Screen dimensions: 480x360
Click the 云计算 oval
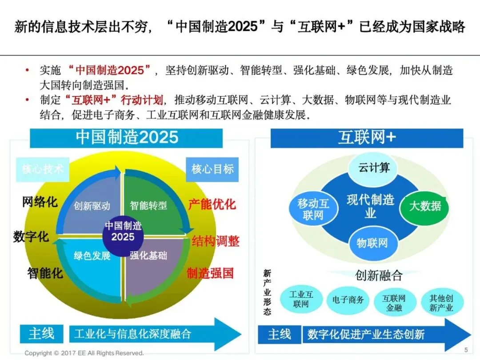point(374,168)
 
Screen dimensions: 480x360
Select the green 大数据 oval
point(424,206)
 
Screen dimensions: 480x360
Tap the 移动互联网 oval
point(313,209)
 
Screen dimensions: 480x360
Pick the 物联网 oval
point(372,243)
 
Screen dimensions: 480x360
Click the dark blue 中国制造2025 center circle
point(123,231)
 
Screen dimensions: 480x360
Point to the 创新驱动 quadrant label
point(92,205)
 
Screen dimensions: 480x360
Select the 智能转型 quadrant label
point(148,205)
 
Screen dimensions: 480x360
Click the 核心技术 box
point(43,169)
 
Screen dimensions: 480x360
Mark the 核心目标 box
point(212,169)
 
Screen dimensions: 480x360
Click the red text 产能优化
point(212,204)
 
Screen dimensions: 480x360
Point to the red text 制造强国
point(210,273)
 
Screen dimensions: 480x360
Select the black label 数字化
point(31,236)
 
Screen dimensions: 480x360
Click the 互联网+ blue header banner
point(367,138)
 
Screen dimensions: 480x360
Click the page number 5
point(466,349)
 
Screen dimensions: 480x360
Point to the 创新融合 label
point(379,275)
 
